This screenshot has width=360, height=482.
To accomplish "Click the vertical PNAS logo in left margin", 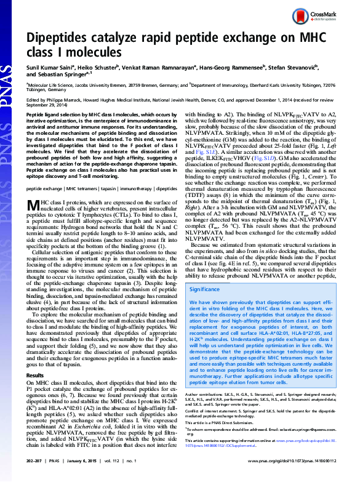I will coord(9,105).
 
